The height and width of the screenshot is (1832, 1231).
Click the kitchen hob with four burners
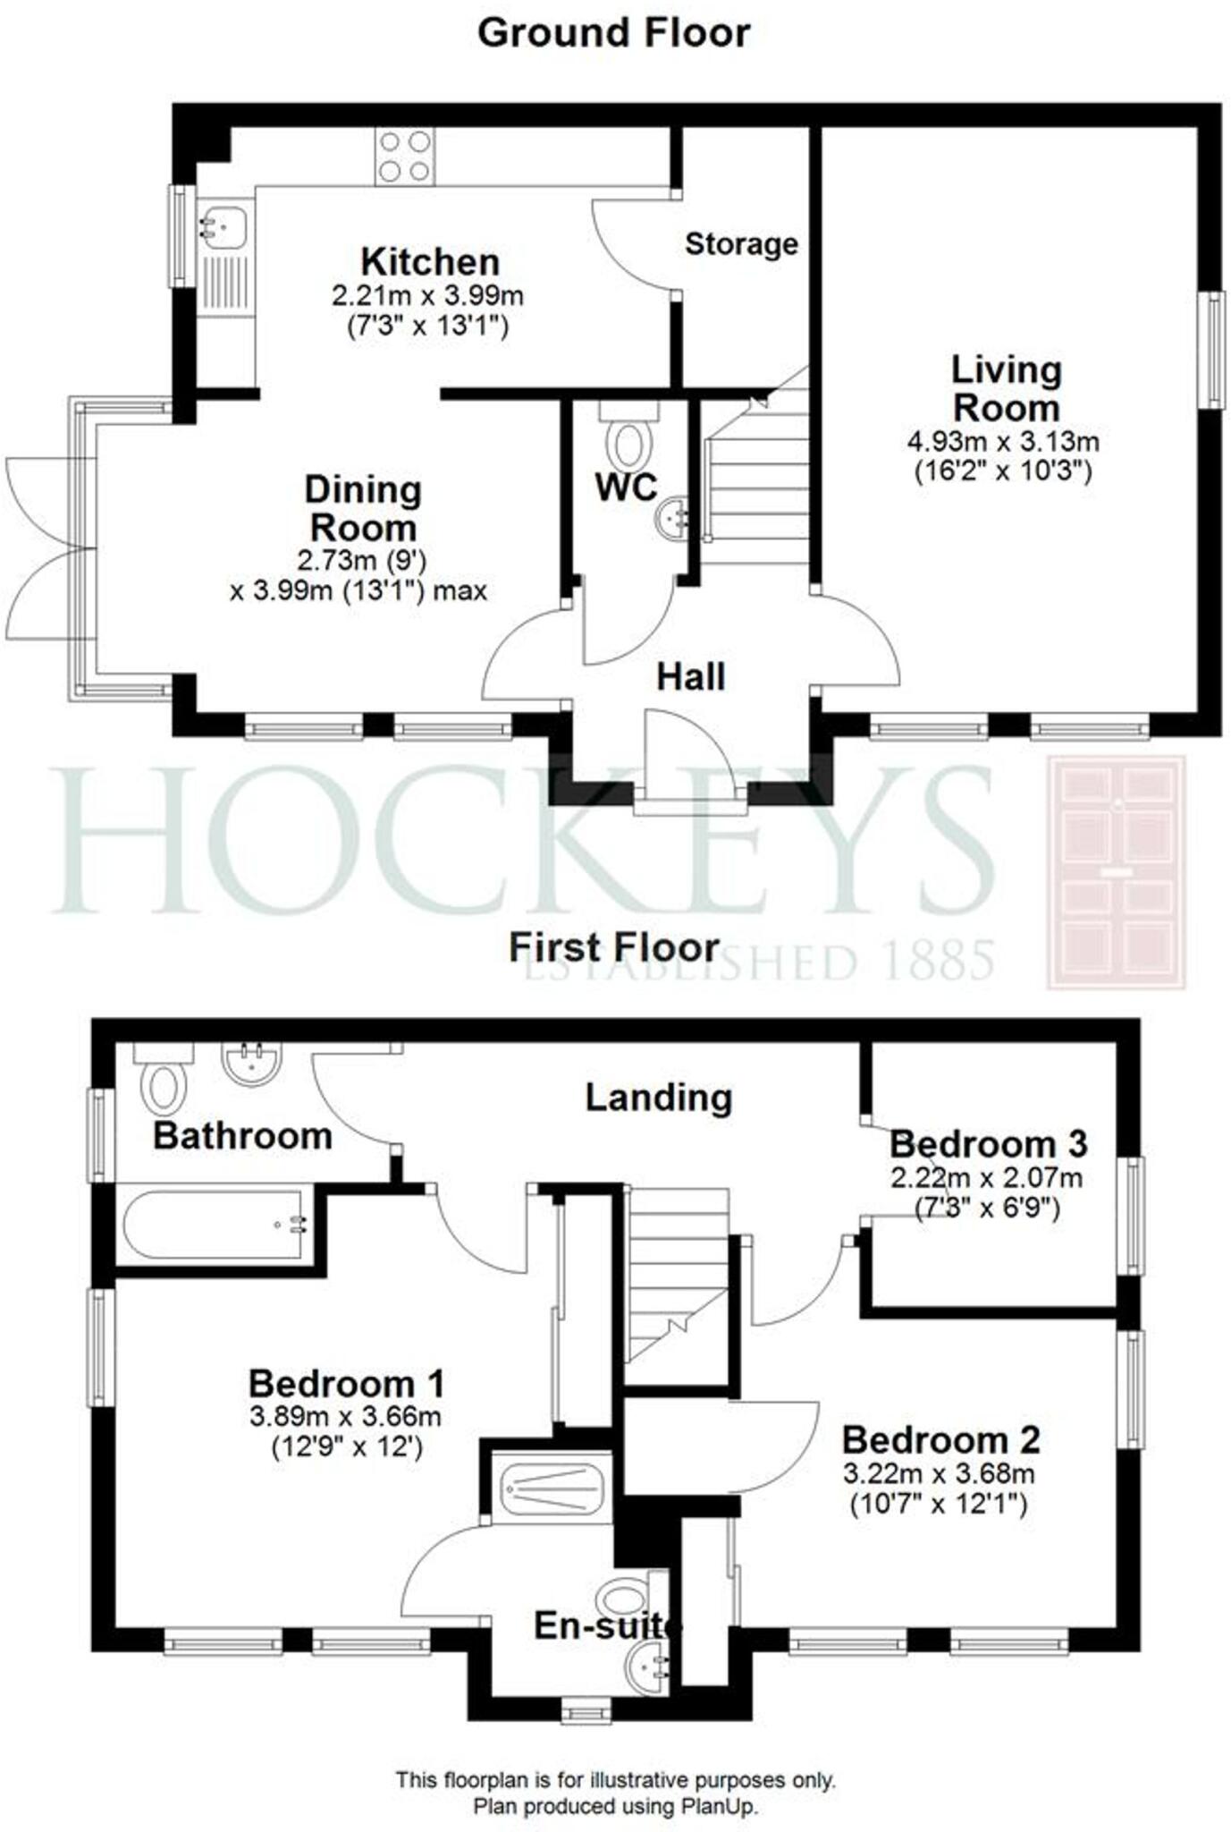tap(405, 157)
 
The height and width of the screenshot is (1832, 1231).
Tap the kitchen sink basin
tap(221, 224)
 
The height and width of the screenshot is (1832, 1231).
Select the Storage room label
tap(741, 243)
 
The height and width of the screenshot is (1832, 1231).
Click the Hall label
tap(690, 677)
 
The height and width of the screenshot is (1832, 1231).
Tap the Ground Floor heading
tap(614, 33)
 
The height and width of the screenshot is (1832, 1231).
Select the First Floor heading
tap(614, 947)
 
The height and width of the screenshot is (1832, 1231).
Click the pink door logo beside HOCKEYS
tap(1117, 872)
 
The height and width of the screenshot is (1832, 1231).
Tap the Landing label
tap(659, 1098)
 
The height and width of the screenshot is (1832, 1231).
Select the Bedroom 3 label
tap(989, 1144)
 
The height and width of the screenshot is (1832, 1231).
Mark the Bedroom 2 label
tap(940, 1440)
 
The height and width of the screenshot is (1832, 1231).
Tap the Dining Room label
tap(362, 508)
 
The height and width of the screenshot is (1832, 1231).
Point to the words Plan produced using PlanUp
tap(615, 1806)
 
